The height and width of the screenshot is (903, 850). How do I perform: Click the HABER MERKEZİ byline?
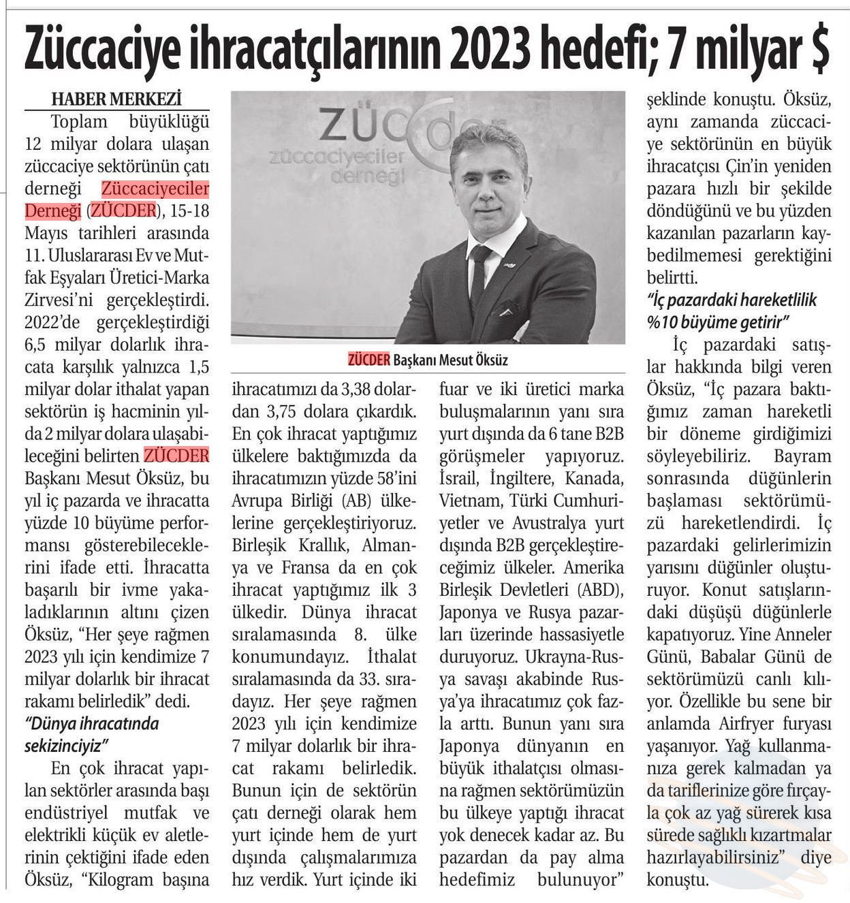116,99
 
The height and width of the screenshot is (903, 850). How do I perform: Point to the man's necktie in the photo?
479,272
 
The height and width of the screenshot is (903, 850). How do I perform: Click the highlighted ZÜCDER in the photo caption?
368,360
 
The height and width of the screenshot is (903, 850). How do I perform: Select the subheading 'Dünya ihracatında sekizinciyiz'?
91,734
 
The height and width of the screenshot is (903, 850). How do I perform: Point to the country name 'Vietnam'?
468,501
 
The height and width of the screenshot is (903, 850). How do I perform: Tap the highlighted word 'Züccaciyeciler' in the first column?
155,189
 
